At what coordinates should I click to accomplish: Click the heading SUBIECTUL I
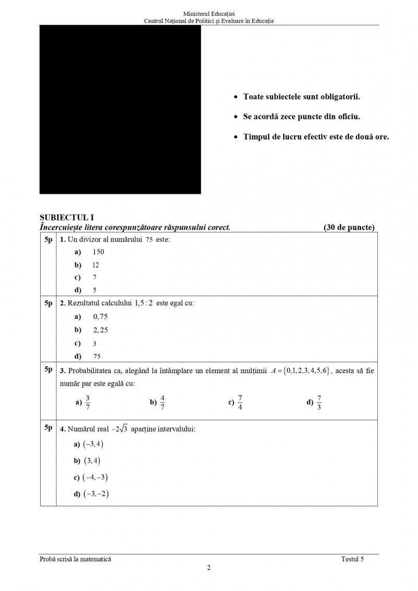pyautogui.click(x=67, y=218)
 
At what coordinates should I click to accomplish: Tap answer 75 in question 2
pyautogui.click(x=97, y=357)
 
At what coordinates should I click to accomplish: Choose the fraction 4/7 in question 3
pyautogui.click(x=162, y=402)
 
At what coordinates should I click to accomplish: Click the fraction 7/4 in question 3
pyautogui.click(x=240, y=402)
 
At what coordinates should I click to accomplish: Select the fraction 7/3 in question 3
pyautogui.click(x=319, y=402)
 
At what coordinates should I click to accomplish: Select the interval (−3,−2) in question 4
pyautogui.click(x=96, y=494)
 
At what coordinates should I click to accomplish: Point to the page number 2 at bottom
pyautogui.click(x=209, y=569)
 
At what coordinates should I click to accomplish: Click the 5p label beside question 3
pyautogui.click(x=48, y=370)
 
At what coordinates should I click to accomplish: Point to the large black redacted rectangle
pyautogui.click(x=120, y=110)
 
